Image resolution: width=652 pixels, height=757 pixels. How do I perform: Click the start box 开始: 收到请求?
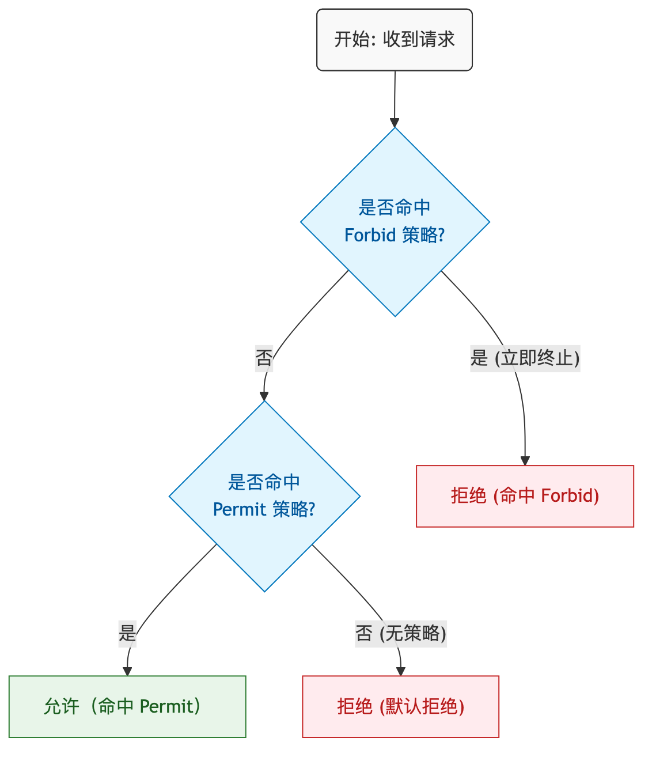click(394, 40)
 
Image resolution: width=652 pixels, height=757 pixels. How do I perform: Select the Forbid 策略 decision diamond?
click(395, 222)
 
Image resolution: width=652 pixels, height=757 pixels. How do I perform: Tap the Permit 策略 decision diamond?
click(264, 496)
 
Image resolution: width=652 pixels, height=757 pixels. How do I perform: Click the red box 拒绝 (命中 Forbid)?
click(525, 496)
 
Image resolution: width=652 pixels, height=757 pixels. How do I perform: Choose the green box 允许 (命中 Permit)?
click(127, 706)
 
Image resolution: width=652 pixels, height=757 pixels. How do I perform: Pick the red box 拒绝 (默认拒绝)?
click(400, 706)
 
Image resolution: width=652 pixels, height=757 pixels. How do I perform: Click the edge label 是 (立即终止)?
click(525, 358)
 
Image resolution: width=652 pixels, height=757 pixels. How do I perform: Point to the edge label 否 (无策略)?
click(401, 634)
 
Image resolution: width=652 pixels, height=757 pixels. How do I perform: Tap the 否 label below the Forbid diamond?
click(264, 358)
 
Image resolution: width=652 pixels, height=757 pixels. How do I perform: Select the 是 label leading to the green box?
click(127, 634)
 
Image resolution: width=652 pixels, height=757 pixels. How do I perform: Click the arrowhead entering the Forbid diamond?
click(395, 123)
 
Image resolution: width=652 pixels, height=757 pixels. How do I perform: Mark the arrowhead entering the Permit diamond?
click(264, 396)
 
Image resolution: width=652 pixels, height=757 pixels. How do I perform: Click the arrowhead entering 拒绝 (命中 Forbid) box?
click(525, 460)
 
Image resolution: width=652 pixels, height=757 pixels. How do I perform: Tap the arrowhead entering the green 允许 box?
click(127, 671)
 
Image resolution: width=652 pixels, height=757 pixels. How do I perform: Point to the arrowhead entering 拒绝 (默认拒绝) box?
click(401, 671)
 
